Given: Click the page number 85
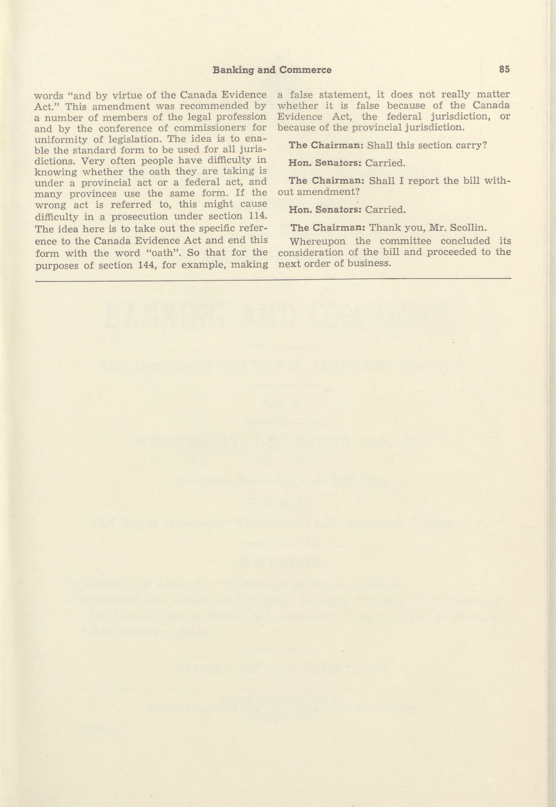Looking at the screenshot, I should [504, 69].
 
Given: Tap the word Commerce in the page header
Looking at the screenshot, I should [305, 70].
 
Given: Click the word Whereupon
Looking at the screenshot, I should [317, 241].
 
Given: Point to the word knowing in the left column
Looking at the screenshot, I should [56, 172].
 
